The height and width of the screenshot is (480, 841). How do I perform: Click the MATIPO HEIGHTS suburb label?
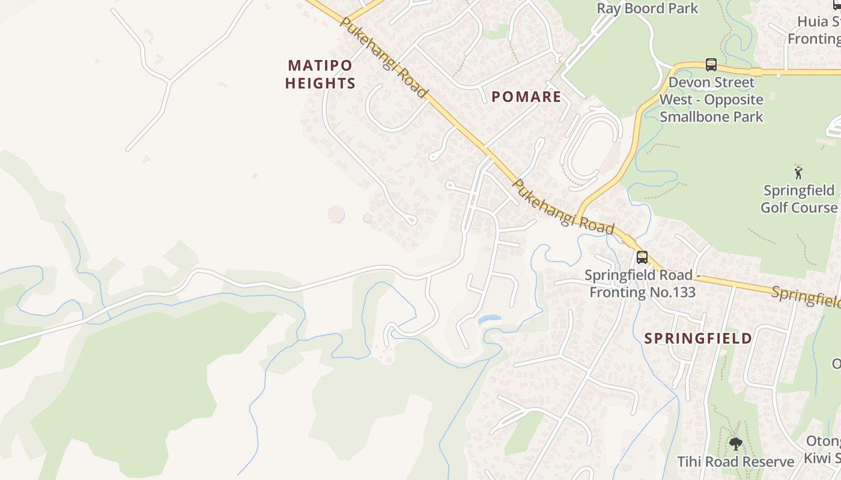pos(320,74)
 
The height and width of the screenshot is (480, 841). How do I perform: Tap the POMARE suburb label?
pos(526,97)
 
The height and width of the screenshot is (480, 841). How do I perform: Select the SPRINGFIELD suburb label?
pos(698,338)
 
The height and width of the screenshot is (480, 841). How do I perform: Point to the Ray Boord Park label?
pos(647,8)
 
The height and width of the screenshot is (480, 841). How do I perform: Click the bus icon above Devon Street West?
pos(711,65)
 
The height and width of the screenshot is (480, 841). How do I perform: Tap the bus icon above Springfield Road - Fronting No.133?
pos(642,257)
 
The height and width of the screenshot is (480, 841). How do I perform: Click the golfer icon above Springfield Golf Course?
pos(798,173)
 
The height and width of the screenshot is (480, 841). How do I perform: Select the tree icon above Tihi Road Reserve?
pos(736,444)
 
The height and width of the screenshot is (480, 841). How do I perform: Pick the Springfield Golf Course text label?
pos(798,199)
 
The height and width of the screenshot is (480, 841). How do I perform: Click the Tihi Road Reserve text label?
pos(736,461)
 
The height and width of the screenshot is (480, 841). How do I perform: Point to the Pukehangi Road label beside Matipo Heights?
pos(383,58)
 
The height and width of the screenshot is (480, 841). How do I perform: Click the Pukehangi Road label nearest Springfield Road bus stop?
pos(563,208)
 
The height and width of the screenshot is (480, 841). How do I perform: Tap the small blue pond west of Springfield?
pos(490,319)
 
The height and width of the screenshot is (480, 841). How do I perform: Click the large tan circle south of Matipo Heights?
pos(336,214)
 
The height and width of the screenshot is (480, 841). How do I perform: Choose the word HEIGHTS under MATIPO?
pos(320,83)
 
